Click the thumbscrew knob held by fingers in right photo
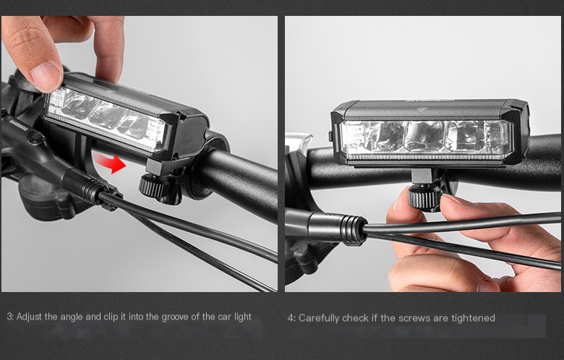[x=421, y=196]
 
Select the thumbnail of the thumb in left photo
[x=46, y=74]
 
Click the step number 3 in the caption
[x=9, y=317]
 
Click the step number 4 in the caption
[x=290, y=318]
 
